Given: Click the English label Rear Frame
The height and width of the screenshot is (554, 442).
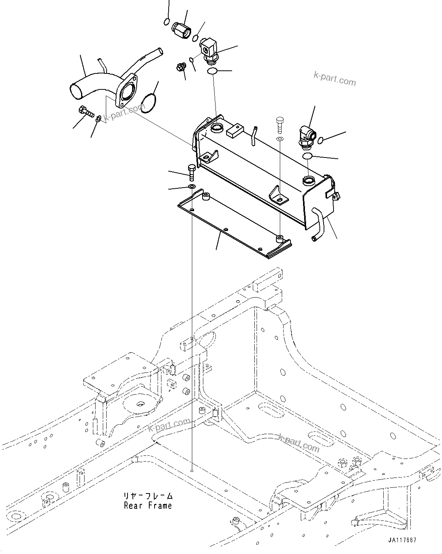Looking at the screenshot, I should click(x=148, y=506).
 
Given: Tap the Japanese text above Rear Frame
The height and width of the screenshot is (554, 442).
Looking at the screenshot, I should click(x=148, y=496).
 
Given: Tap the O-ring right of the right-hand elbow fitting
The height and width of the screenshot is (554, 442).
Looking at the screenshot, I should click(x=320, y=140).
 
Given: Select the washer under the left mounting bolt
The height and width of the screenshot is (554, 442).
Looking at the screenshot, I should click(x=191, y=186).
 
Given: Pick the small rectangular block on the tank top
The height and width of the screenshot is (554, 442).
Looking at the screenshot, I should click(x=234, y=131).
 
